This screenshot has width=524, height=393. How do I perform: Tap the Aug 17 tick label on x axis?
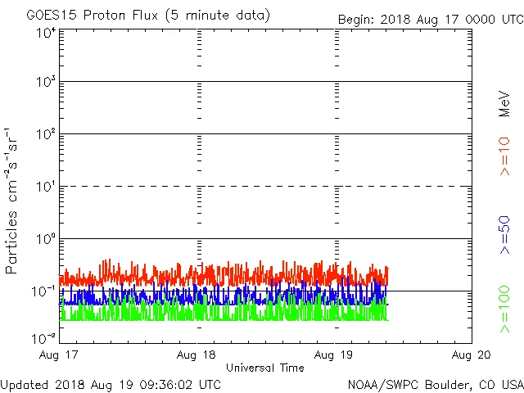pos(59,355)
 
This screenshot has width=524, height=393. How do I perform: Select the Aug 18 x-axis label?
pos(196,355)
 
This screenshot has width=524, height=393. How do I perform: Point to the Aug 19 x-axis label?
pos(334,355)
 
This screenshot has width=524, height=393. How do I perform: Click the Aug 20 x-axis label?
pos(472,355)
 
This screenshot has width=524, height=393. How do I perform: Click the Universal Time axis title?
pos(265,368)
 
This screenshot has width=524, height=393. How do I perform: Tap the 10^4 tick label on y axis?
pos(46,33)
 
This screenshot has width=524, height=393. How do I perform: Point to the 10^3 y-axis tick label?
pos(46,83)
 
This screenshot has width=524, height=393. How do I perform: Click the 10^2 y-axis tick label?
pos(46,135)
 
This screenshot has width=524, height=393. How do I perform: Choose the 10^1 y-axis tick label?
pos(46,187)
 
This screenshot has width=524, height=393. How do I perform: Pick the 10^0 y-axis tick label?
pos(46,240)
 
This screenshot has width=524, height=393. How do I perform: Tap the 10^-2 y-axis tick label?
pos(44,338)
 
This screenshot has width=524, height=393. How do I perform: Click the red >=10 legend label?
pos(505,156)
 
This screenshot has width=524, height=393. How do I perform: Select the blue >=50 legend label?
pos(505,236)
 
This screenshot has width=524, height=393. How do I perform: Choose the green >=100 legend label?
pos(505,309)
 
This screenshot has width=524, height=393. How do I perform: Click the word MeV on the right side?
pos(505,103)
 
